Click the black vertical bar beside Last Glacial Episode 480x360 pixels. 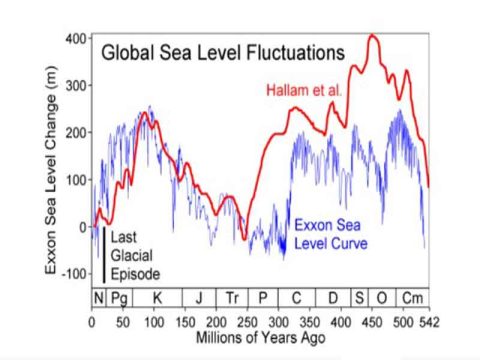(103, 254)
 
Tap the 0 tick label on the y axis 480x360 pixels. (84, 227)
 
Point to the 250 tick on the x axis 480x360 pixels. (247, 322)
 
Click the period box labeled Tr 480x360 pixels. (232, 298)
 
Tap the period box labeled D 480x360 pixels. (335, 298)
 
